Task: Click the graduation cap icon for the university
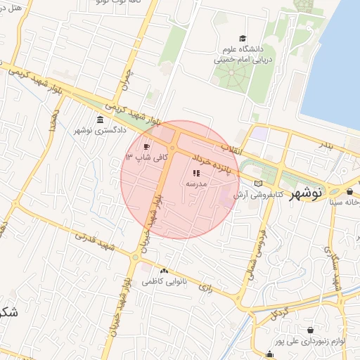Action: [243, 38]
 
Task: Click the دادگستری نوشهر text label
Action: [101, 131]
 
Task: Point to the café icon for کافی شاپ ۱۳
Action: [146, 147]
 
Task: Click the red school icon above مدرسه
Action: [195, 172]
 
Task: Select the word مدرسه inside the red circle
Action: [195, 184]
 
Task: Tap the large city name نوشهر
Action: [325, 191]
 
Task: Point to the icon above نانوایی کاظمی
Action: [165, 271]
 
